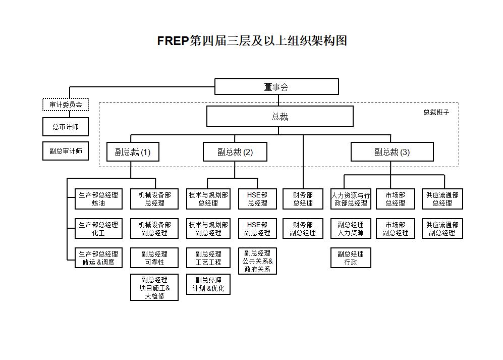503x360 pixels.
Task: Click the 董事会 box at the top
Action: tap(276, 87)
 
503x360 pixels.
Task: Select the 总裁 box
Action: tap(280, 117)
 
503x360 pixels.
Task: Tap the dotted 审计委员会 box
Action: tap(66, 105)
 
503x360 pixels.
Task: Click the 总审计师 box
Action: tap(66, 127)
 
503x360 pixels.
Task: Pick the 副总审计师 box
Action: tap(66, 150)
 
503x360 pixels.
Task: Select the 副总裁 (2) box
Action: tap(235, 152)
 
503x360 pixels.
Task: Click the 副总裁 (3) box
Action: tap(392, 152)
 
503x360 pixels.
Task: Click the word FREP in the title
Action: tap(173, 41)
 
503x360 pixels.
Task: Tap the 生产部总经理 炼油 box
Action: tap(98, 199)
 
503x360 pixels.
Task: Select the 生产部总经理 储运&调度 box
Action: tap(98, 258)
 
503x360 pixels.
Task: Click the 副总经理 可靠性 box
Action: tap(154, 258)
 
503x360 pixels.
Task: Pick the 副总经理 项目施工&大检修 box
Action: tap(154, 288)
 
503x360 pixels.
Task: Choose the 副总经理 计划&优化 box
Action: tap(208, 284)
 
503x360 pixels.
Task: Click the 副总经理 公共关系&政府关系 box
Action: tap(257, 261)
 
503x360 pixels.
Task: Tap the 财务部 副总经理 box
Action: tap(303, 229)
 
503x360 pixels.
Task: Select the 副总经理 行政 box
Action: tap(351, 258)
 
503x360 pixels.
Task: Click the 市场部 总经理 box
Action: tap(396, 199)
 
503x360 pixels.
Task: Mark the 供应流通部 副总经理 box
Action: tap(442, 229)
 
